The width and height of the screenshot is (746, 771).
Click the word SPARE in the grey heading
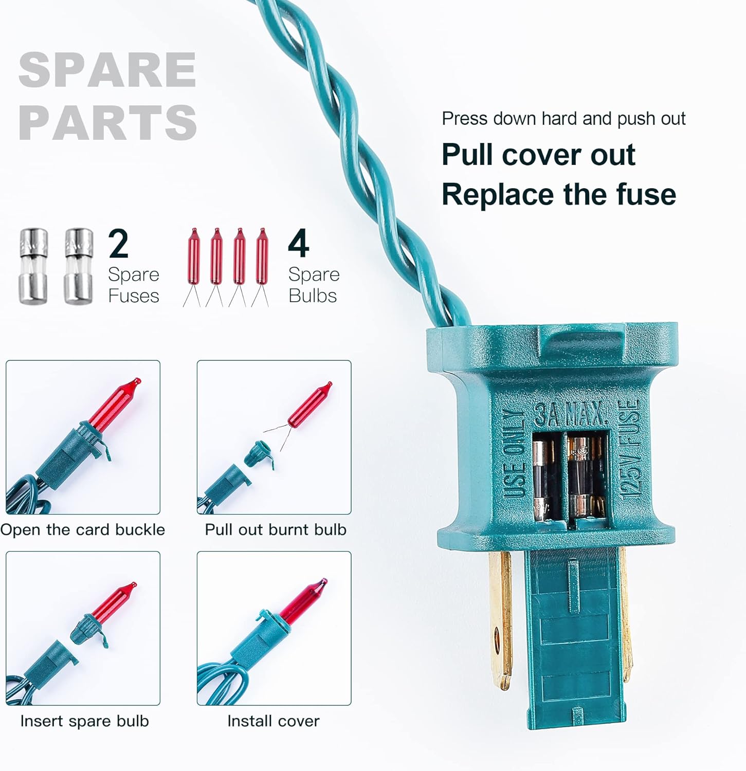[107, 70]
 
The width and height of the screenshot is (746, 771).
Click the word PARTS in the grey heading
[107, 122]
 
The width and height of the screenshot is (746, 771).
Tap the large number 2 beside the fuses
[119, 244]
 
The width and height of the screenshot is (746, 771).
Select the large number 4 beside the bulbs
[299, 244]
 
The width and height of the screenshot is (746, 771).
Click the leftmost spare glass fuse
[34, 266]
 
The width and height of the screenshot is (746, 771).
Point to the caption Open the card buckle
[83, 530]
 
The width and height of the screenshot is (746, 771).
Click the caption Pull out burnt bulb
[276, 530]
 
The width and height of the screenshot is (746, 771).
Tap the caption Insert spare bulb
[84, 721]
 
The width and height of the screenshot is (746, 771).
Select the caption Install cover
[273, 721]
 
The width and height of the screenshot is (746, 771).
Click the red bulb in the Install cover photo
[303, 601]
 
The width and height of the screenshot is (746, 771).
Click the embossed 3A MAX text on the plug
[571, 413]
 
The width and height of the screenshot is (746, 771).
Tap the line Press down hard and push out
[563, 119]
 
